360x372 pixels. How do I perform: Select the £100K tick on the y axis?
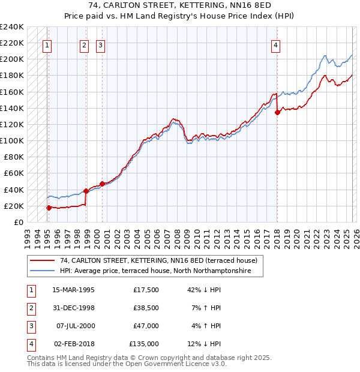pyautogui.click(x=12, y=140)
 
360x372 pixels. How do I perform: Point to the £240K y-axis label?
pyautogui.click(x=12, y=27)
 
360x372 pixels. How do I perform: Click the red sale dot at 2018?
pyautogui.click(x=277, y=112)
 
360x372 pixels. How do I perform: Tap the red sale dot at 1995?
pyautogui.click(x=49, y=208)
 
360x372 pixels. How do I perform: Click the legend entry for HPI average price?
pyautogui.click(x=161, y=271)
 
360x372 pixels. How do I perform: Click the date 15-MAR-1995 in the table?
pyautogui.click(x=73, y=290)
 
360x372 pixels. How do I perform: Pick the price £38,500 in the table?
pyautogui.click(x=144, y=308)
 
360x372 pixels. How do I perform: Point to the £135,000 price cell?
pyautogui.click(x=144, y=344)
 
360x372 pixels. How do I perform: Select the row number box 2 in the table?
pyautogui.click(x=29, y=308)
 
